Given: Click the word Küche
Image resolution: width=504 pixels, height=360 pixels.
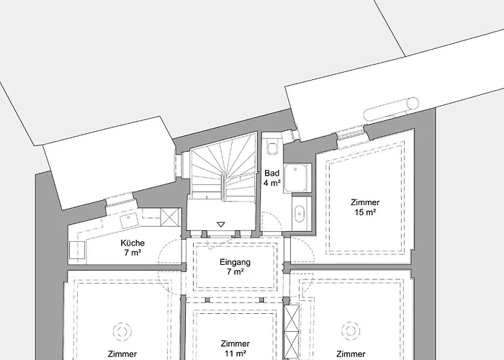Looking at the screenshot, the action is coord(132,243).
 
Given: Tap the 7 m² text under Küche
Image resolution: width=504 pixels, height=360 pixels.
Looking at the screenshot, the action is coord(132,253).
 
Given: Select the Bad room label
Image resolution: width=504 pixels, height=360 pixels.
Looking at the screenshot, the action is coord(272,174).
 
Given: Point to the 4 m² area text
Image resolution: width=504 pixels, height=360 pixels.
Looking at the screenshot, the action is coord(272,183).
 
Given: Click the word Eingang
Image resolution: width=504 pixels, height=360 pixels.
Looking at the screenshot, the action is coord(235,262).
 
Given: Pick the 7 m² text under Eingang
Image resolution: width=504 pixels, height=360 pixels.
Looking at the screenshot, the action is coord(235,272).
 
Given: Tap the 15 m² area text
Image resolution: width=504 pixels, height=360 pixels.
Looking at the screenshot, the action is coord(366,212).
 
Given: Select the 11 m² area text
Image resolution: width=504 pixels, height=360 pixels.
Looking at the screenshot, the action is coord(235,354).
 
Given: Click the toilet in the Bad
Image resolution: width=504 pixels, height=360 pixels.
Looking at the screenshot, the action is coord(273,147).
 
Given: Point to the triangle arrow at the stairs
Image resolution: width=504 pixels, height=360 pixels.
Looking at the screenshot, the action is coord(221,225).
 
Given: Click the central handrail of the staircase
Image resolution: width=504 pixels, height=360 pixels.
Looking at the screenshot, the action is coord(223,186).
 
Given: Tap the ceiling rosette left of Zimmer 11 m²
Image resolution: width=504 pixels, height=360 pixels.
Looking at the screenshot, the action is coord(122,331).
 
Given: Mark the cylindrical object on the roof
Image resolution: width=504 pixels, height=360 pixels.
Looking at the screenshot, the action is coord(392,109).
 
